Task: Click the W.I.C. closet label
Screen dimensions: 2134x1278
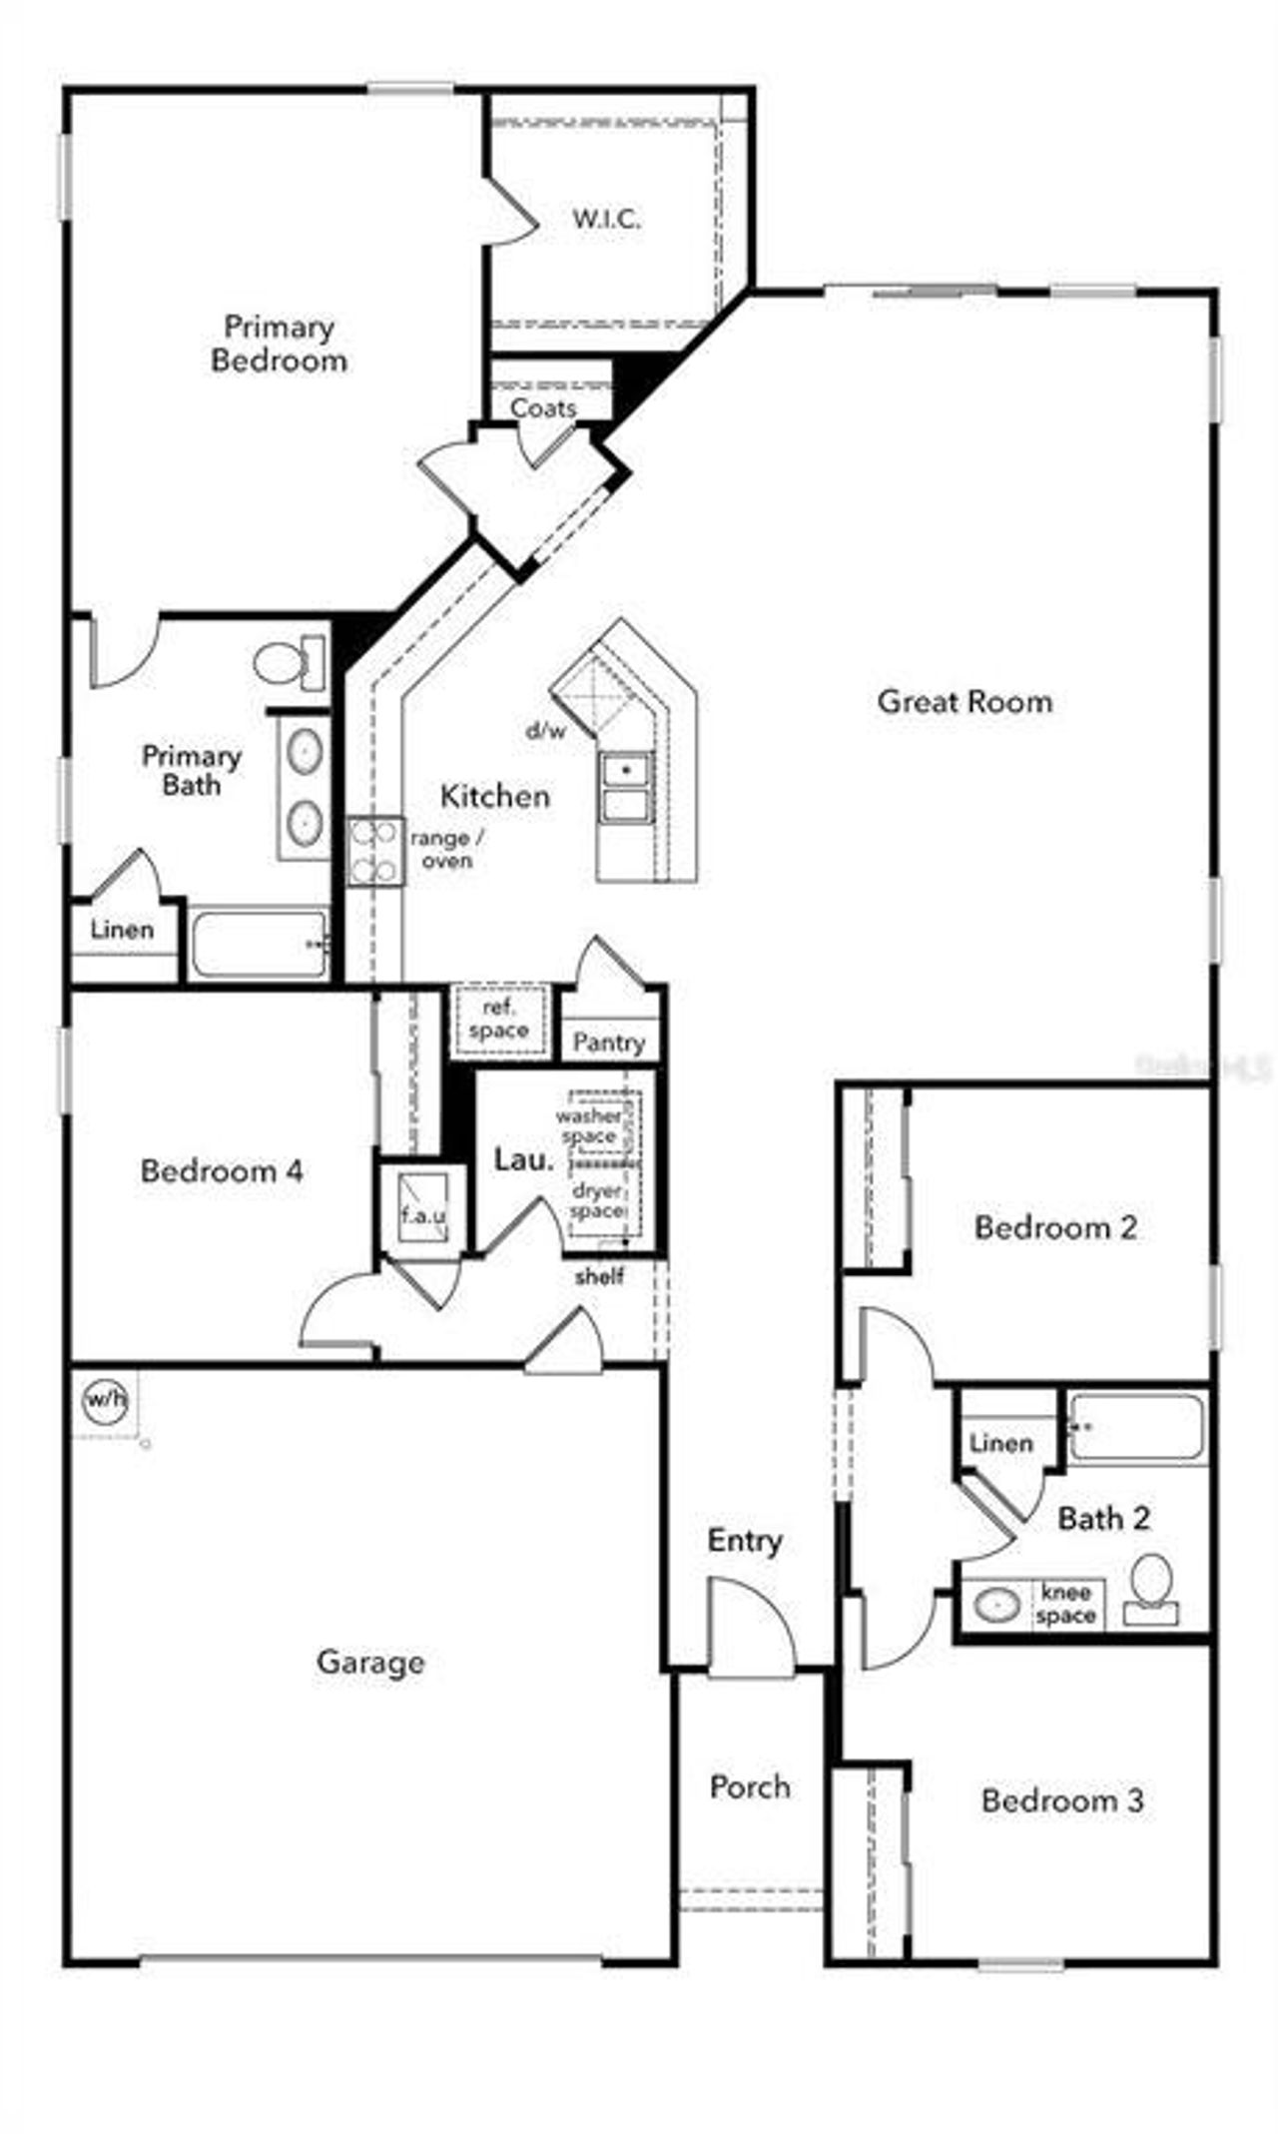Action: [606, 219]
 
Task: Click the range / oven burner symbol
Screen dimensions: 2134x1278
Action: [375, 852]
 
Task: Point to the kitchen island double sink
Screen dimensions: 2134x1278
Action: [625, 787]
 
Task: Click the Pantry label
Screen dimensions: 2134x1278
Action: [609, 1043]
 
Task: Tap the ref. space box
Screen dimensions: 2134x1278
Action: [499, 1020]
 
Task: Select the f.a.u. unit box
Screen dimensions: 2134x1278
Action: [423, 1209]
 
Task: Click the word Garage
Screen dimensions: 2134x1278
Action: [370, 1662]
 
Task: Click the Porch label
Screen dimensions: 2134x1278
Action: [750, 1785]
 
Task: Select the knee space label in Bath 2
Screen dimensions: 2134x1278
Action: [1065, 1604]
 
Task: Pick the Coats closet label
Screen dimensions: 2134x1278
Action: [543, 407]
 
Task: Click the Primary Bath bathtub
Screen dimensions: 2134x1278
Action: [260, 944]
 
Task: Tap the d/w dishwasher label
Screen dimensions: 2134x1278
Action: [546, 731]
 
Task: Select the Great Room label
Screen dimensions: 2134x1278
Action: [964, 701]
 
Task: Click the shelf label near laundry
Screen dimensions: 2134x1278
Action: [599, 1276]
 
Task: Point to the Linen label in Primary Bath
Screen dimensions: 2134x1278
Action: [122, 930]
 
